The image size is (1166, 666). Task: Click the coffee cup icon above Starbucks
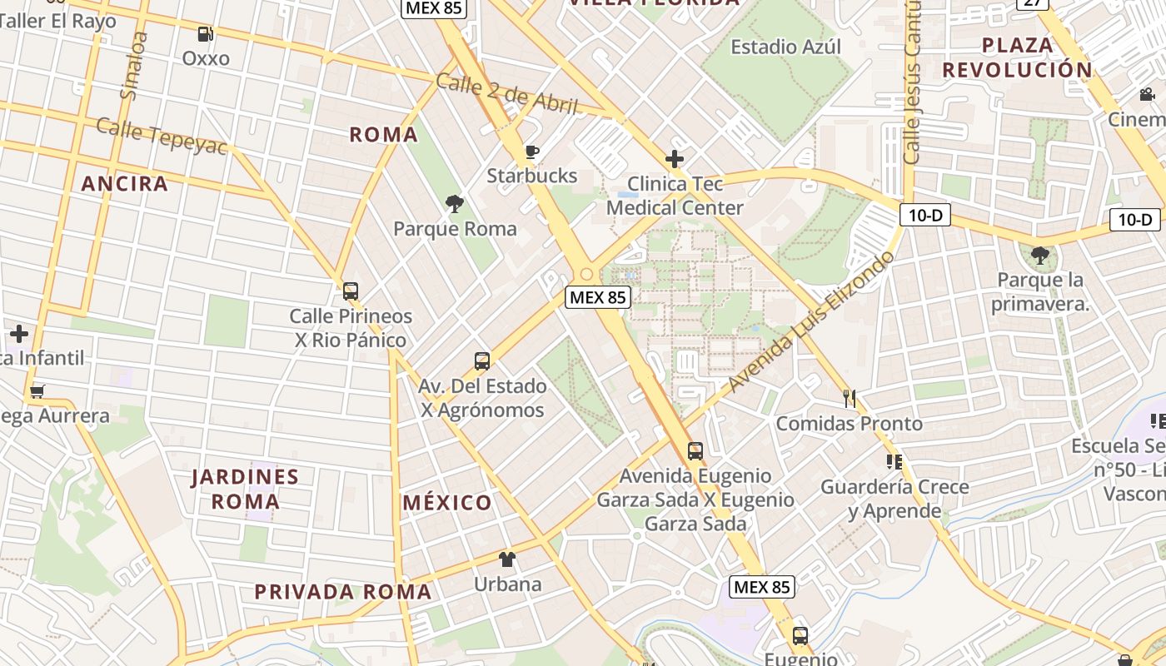point(532,152)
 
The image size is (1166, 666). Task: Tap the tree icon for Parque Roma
point(455,204)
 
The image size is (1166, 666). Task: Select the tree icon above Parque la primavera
point(1039,255)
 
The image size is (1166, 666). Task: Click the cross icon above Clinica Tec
point(675,158)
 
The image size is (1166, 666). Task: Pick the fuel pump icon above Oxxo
point(205,34)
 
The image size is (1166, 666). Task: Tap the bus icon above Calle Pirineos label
point(351,291)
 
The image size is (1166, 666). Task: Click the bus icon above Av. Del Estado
point(482,361)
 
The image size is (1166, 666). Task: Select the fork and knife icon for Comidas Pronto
point(850,399)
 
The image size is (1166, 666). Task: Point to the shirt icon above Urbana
point(507,559)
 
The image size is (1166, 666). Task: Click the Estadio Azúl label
point(785,47)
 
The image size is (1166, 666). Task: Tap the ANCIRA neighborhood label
point(125,184)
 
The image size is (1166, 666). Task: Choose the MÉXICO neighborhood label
point(447,503)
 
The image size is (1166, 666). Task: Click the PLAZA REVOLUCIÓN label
point(1017,57)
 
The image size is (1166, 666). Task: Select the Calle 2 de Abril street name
point(506,93)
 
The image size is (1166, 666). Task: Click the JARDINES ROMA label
point(245,489)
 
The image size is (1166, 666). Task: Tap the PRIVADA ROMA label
point(343,592)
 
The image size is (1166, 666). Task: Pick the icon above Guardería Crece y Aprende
point(894,461)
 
